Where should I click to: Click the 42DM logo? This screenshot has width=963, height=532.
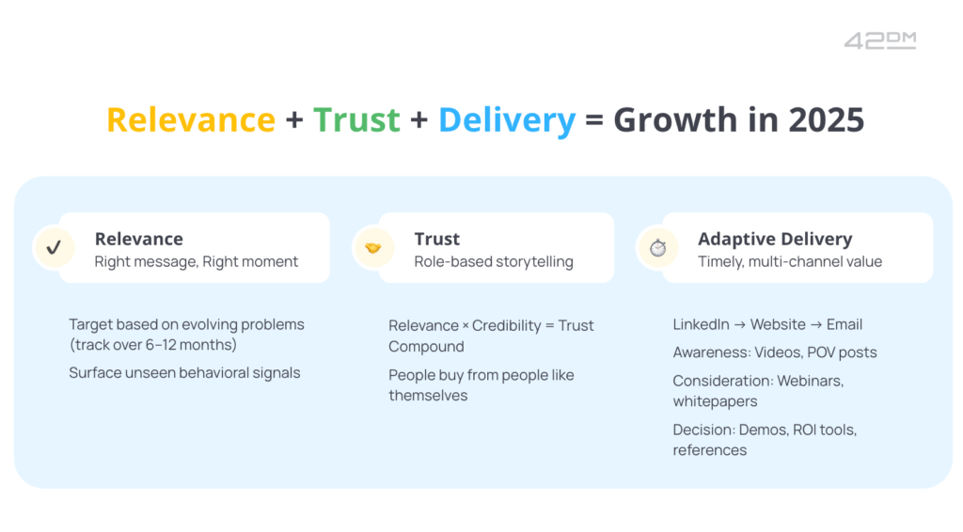tap(879, 40)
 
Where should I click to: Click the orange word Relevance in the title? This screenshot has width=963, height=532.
tap(191, 119)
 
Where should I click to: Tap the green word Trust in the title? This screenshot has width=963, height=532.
tap(356, 119)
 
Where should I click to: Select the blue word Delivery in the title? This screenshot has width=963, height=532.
tap(507, 120)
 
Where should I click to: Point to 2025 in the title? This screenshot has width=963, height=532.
tap(826, 119)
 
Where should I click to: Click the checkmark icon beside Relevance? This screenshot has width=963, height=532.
tap(54, 247)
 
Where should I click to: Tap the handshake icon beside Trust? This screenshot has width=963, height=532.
tap(372, 248)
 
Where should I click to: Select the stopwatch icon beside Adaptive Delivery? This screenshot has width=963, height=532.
tap(657, 247)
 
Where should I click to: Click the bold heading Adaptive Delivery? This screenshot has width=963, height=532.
tap(775, 239)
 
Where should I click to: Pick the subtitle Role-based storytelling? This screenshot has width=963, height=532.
tap(494, 261)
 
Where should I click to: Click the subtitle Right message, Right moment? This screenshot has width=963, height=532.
tap(196, 261)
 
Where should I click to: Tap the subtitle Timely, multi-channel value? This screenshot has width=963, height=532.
tap(790, 261)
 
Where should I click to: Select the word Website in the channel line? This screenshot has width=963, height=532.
tap(778, 324)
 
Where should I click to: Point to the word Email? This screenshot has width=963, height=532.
tap(845, 324)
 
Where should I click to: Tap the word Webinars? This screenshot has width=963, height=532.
tap(810, 381)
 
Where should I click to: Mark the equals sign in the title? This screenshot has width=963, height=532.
tap(594, 119)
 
